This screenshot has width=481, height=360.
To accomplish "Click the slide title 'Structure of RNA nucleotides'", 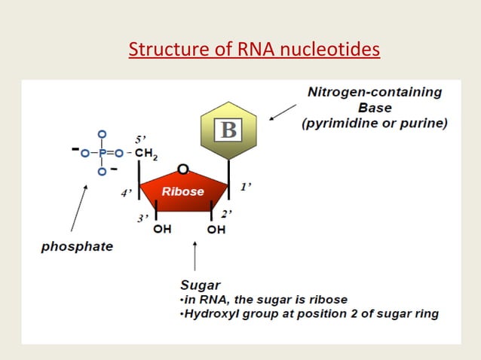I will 254,50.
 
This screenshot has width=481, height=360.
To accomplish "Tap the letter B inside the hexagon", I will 228,130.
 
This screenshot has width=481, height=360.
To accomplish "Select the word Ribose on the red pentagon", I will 182,191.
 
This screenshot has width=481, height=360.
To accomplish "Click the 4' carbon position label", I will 127,193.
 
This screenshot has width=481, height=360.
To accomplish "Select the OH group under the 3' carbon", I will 161,230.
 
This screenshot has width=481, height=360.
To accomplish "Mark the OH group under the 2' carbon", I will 216,230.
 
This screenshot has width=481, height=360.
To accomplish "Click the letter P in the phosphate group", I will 100,155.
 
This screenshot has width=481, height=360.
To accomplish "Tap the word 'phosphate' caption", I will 77,247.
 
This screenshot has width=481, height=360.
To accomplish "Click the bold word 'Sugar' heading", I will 200,286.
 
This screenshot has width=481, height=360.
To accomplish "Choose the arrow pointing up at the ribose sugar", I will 196,256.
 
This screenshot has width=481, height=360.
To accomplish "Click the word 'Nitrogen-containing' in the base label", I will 375,92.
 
